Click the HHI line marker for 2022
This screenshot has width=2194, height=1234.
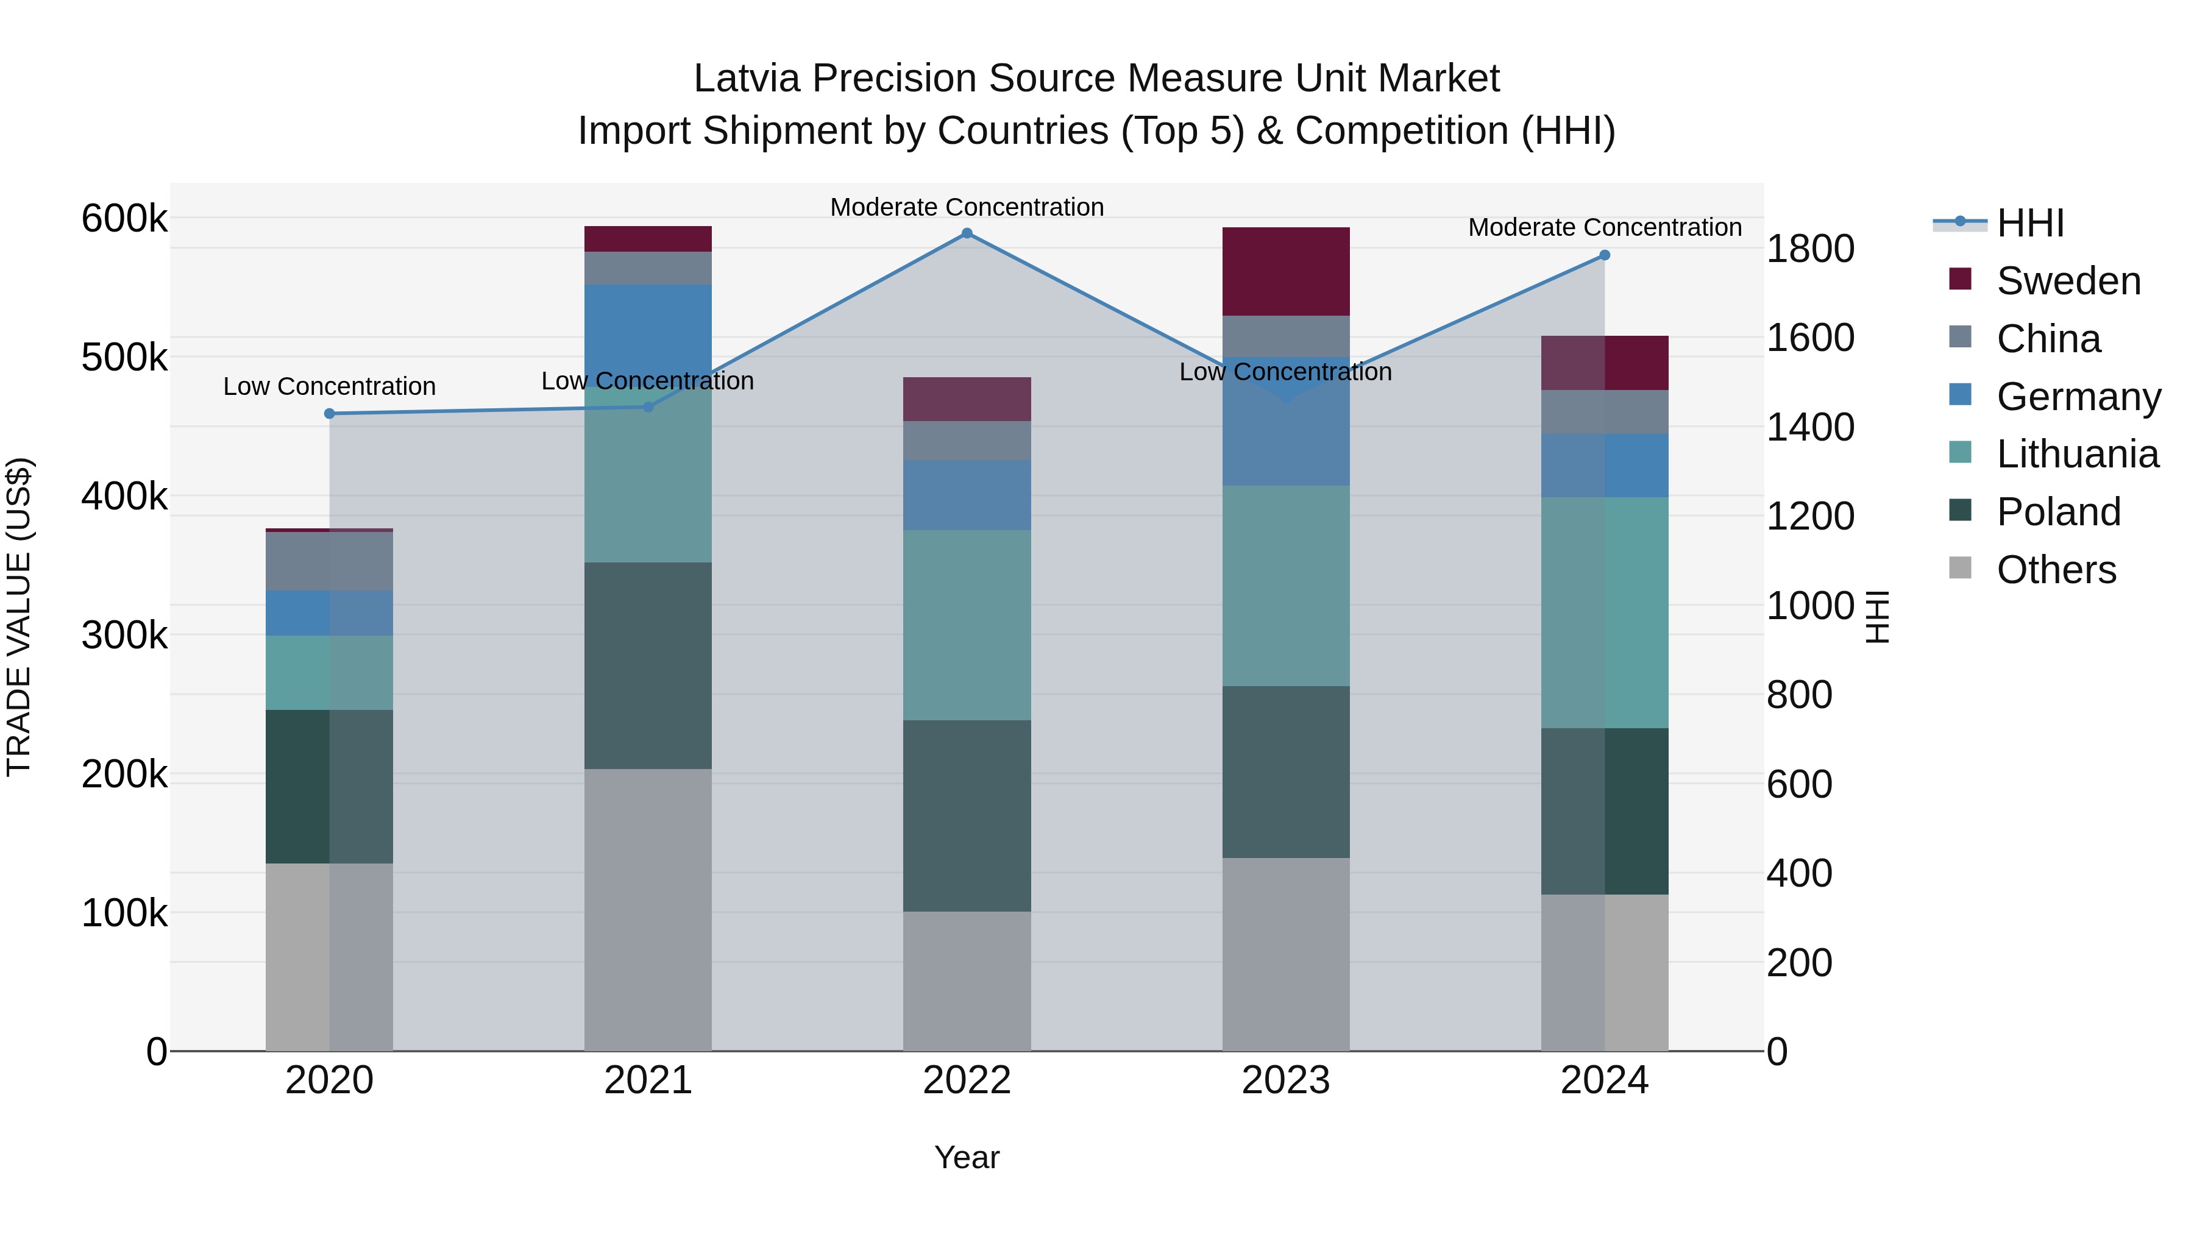967,233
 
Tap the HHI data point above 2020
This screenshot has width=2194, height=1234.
330,414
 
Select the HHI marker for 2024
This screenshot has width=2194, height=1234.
1605,255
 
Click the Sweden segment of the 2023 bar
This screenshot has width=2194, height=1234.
1286,272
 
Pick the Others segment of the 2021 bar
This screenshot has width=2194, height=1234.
648,910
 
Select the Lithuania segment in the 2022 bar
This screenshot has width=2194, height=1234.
967,625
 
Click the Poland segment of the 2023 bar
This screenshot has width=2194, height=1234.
1286,771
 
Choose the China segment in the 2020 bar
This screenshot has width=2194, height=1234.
330,561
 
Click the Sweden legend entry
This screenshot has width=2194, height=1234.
2068,281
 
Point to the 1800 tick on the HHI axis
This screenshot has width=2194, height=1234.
1810,249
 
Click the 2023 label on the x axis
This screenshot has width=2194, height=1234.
1286,1080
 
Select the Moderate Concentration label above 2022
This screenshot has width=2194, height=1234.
967,207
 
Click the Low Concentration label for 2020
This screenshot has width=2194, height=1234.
330,386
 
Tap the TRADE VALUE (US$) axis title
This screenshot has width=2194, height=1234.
19,617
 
